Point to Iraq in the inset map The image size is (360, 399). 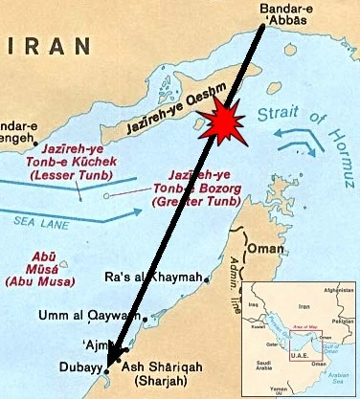click(253, 303)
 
